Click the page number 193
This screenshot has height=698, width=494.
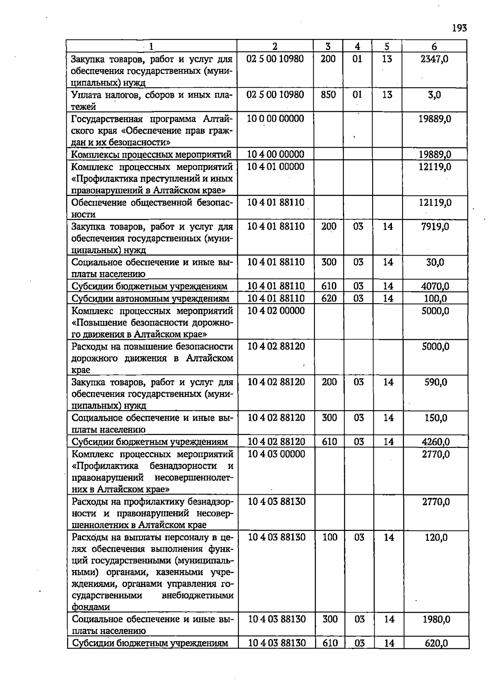pos(459,28)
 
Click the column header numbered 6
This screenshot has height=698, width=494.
pos(434,47)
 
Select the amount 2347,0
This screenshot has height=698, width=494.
pos(434,59)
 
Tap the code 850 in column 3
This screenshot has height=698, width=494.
pos(328,95)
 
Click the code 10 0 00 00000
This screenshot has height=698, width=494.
pos(275,119)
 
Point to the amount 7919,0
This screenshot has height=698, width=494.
pos(435,226)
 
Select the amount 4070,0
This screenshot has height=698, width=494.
pos(435,286)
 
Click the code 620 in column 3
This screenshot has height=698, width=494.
pos(329,298)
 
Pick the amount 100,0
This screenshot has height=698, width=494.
pos(436,298)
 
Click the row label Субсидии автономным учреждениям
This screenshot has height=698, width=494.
pos(150,298)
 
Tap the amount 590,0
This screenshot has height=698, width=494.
pos(436,382)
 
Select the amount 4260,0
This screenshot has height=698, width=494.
pos(436,442)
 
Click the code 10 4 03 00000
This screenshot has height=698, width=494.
pos(276,454)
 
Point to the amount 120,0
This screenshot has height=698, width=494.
pos(436,537)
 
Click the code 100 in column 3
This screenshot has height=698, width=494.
pos(330,537)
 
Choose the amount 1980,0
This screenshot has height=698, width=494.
pos(436,619)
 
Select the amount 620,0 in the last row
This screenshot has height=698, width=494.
pos(436,643)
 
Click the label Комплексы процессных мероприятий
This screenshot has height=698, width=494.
pos(151,155)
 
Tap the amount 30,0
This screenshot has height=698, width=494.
pos(435,262)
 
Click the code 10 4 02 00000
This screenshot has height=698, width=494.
pos(276,310)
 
